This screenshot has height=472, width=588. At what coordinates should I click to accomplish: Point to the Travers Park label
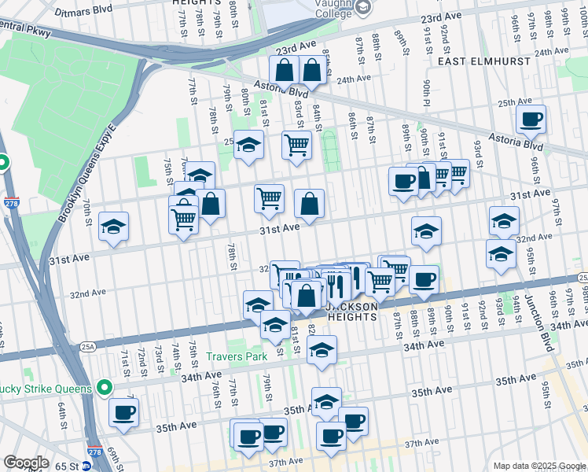point(237,356)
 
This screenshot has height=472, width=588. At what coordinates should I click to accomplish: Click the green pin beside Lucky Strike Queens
point(104,388)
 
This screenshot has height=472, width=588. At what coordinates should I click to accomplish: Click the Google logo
point(27,463)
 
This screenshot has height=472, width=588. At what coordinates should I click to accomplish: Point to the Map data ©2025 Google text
point(538,466)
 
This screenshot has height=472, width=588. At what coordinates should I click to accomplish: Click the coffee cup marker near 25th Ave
point(531,120)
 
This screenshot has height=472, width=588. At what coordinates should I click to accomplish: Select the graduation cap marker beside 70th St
point(114,227)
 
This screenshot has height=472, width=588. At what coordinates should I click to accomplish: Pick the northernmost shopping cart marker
point(296,145)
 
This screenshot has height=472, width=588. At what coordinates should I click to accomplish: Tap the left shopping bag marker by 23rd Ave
point(284,71)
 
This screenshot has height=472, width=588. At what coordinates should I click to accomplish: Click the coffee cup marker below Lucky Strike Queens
point(124,412)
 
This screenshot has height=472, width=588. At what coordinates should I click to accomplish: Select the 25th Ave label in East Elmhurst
point(515,101)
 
